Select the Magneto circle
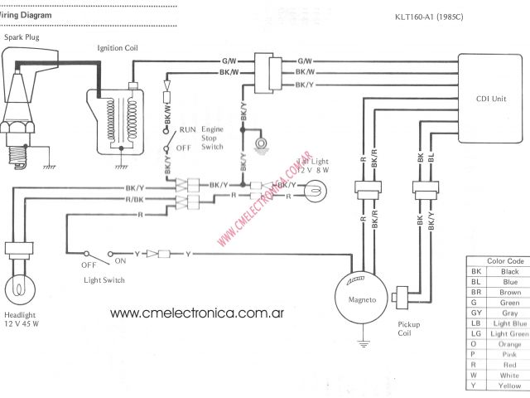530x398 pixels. pos(361,295)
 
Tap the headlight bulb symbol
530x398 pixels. pos(17,289)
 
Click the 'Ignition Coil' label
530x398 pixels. pos(118,49)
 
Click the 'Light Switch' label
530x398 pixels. pos(104,280)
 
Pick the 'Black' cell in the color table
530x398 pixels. pos(509,272)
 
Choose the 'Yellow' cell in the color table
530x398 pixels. pos(509,386)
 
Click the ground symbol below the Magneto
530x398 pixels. pos(362,341)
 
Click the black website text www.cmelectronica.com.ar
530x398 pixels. pos(198,313)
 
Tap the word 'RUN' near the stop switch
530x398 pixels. pos(188,131)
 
